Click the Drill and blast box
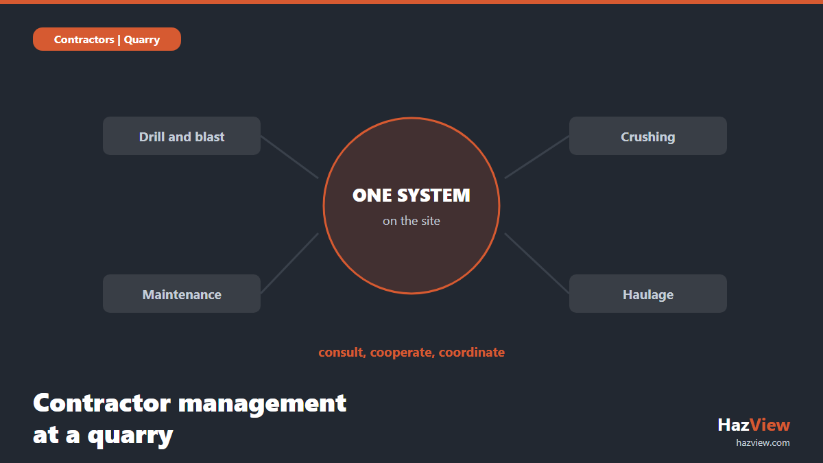click(x=182, y=136)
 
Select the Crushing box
click(x=647, y=136)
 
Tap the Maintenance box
click(x=182, y=294)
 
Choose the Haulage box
click(x=647, y=294)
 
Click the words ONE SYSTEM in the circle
click(x=411, y=195)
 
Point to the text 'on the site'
click(x=411, y=221)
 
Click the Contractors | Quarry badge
click(x=107, y=39)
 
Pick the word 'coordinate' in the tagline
click(x=472, y=353)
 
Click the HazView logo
click(x=754, y=425)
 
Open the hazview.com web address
click(x=763, y=443)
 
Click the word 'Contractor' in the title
click(x=102, y=403)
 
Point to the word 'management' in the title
click(x=262, y=404)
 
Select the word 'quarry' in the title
click(x=130, y=436)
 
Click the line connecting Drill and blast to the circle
click(x=289, y=157)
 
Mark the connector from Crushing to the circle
click(x=537, y=157)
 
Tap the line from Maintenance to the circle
click(x=289, y=263)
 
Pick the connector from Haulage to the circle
click(x=537, y=263)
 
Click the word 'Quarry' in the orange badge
click(x=142, y=40)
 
